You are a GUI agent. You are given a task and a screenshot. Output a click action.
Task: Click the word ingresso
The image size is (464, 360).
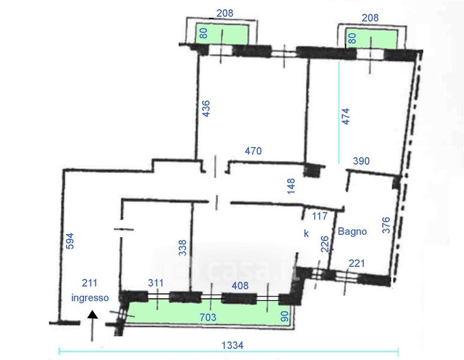pyautogui.click(x=90, y=298)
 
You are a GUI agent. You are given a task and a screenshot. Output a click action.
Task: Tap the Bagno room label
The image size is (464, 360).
pyautogui.click(x=352, y=231)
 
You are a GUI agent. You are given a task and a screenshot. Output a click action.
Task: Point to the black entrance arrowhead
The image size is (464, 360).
pyautogui.click(x=93, y=314)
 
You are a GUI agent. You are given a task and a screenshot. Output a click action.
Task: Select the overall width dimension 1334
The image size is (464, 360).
pyautogui.click(x=233, y=345)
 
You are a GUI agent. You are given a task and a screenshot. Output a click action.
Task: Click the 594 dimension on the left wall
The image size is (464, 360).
pyautogui.click(x=70, y=241)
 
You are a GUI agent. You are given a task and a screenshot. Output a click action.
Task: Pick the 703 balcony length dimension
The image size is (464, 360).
pyautogui.click(x=208, y=317)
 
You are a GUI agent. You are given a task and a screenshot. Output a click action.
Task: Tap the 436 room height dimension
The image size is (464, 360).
pyautogui.click(x=206, y=109)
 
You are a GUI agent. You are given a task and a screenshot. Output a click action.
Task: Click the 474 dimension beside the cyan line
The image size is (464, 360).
pyautogui.click(x=345, y=116)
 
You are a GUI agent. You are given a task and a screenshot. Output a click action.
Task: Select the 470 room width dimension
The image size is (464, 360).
pyautogui.click(x=254, y=151)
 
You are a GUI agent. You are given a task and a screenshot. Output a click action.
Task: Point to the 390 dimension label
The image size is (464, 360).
pyautogui.click(x=361, y=161)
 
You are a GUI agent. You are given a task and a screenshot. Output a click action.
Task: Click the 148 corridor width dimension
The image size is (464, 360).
pyautogui.click(x=291, y=186)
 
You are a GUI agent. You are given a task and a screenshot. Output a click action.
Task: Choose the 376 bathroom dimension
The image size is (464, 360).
pyautogui.click(x=386, y=225)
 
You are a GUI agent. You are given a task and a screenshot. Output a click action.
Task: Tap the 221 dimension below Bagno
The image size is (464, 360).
pyautogui.click(x=357, y=263)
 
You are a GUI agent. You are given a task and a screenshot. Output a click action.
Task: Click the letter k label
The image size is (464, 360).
pyautogui.click(x=306, y=233)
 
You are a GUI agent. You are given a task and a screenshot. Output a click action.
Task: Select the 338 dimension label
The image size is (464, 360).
pyautogui.click(x=183, y=248)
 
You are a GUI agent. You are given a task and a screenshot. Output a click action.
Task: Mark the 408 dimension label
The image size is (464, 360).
pyautogui.click(x=240, y=286)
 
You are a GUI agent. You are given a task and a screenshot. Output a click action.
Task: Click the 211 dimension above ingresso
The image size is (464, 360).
pyautogui.click(x=89, y=283)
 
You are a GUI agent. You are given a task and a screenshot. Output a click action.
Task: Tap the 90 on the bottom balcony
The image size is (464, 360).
pyautogui.click(x=284, y=316)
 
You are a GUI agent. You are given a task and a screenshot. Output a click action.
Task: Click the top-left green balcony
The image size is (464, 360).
pyautogui.click(x=221, y=34)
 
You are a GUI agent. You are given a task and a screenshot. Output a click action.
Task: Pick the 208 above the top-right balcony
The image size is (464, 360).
pyautogui.click(x=370, y=18)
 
